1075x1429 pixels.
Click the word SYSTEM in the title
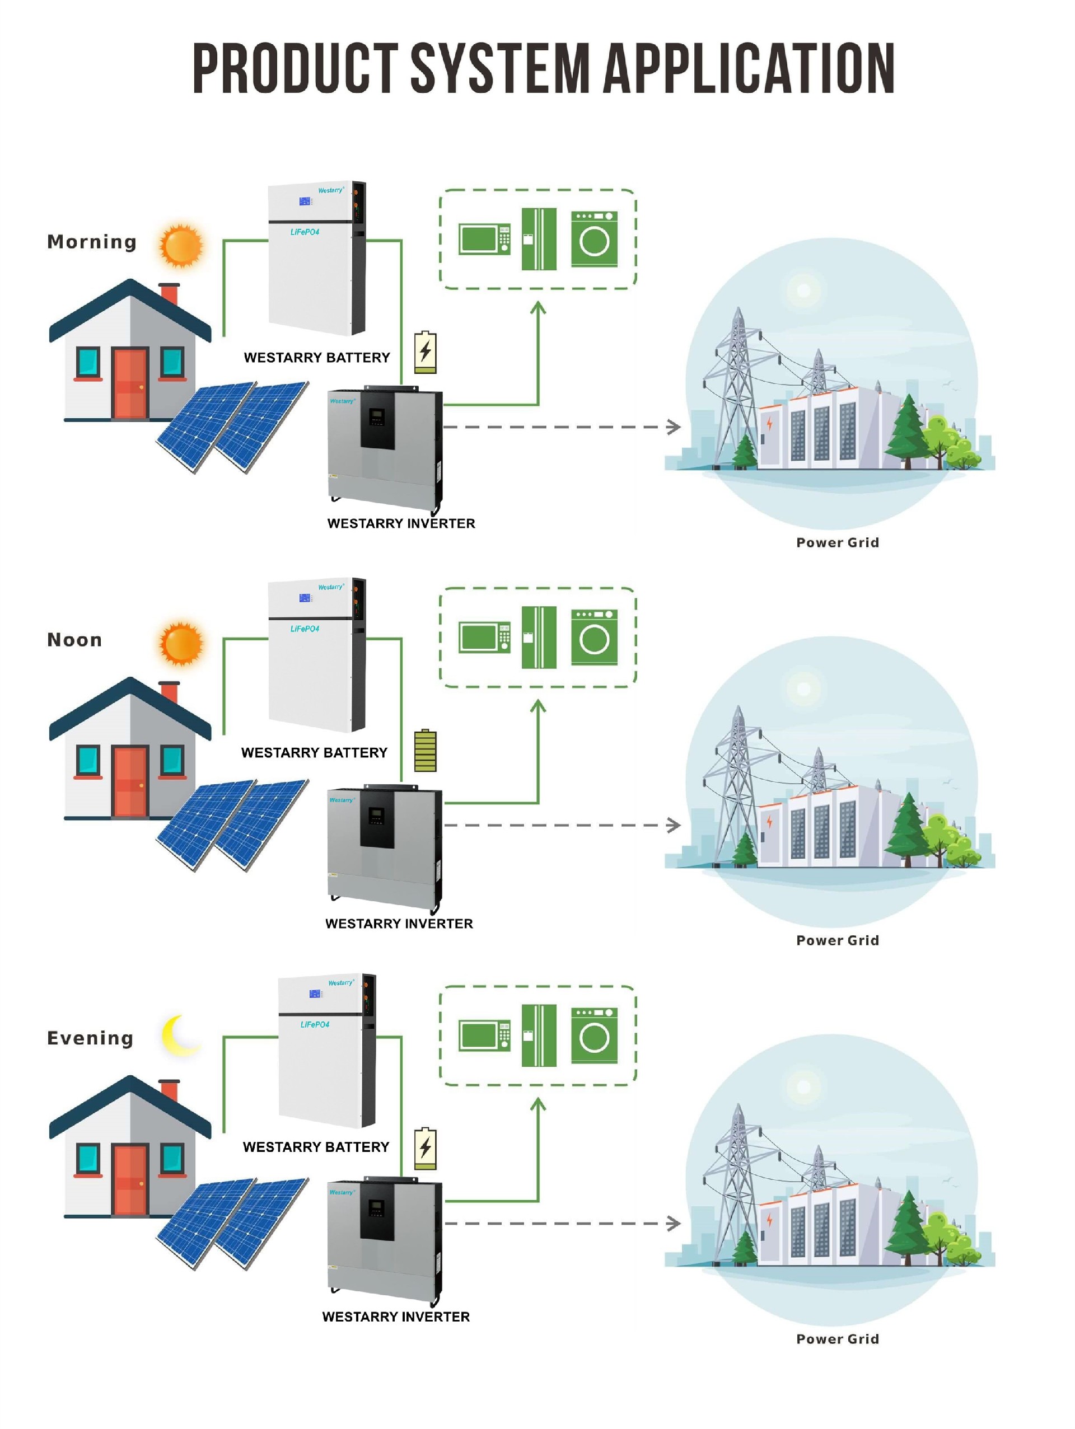coord(499,68)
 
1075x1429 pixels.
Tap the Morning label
coord(92,242)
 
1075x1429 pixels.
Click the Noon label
coord(74,640)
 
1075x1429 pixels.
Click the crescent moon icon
coord(178,1035)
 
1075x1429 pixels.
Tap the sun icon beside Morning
coord(181,246)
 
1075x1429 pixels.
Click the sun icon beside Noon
coord(181,644)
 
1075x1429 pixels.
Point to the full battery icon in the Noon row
coord(425,751)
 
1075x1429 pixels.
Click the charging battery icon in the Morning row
coord(425,353)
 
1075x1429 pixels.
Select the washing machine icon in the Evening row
coord(593,1035)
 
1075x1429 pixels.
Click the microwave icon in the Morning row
coord(484,239)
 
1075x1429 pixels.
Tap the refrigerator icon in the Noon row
coord(539,637)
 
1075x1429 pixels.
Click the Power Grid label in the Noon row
coord(837,940)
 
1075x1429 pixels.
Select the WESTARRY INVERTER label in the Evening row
coord(396,1316)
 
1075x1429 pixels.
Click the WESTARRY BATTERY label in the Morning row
coord(316,358)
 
